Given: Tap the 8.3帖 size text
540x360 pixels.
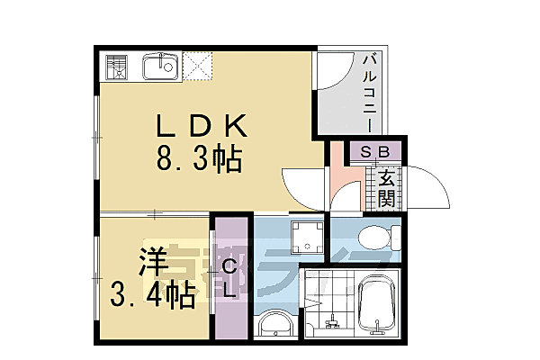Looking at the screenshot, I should pos(201,160).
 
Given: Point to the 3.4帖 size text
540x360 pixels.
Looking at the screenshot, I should pos(154,294).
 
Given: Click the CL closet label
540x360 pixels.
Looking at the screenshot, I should pos(229,278).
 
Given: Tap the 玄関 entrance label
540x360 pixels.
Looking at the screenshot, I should pos(386,186).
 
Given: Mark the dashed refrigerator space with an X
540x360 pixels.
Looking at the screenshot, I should pos(199,65).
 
